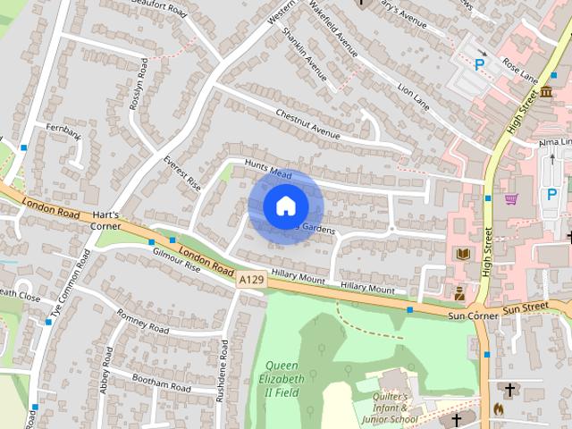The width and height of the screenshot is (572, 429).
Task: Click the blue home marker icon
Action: pos(285,206)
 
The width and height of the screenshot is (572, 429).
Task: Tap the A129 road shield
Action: pos(251,281)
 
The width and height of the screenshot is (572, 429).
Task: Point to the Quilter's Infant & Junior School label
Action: pos(391,408)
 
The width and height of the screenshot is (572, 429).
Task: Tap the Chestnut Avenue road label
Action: pos(308,125)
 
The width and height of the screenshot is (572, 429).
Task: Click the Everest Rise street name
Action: pos(182,173)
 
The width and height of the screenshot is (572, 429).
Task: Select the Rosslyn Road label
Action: pos(139,86)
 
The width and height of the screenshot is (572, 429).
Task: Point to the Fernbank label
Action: pos(63,134)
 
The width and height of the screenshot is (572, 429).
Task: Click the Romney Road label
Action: pos(142,322)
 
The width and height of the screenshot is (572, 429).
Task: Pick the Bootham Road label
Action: pos(161,384)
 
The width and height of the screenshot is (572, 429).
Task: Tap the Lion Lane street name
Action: pos(414,98)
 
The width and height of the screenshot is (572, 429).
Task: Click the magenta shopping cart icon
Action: pos(511,198)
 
